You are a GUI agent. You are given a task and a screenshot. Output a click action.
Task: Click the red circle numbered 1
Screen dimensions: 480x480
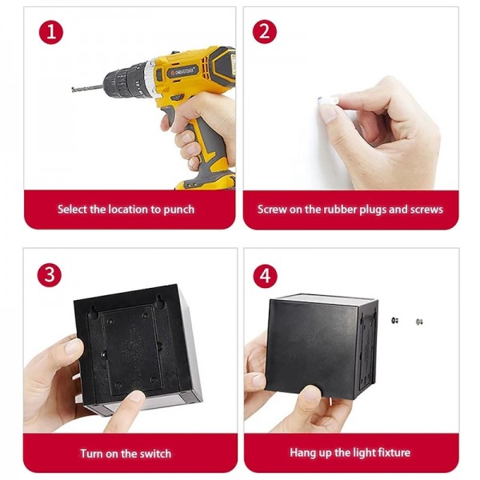pos(51,32)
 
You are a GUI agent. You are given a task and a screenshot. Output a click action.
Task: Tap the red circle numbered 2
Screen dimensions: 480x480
pos(265,32)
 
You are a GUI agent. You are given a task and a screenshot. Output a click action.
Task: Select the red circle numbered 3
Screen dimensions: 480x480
pos(50,275)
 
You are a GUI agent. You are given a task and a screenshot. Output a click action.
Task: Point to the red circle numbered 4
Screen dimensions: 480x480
pos(266,276)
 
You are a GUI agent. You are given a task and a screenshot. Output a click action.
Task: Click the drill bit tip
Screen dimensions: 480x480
pos(73,90)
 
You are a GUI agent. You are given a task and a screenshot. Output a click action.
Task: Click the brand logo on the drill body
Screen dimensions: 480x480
pos(182,72)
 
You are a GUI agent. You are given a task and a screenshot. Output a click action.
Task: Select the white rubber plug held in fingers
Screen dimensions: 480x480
pos(327,101)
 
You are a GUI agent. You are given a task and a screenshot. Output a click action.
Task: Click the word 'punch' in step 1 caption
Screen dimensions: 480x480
pos(179,210)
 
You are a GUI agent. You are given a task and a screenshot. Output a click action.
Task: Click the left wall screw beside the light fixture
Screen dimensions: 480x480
pos(394,321)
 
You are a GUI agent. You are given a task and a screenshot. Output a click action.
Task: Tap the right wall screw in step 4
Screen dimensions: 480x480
pos(419,322)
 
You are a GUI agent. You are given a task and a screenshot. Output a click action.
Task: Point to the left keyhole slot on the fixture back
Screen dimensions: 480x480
pos(93,310)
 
